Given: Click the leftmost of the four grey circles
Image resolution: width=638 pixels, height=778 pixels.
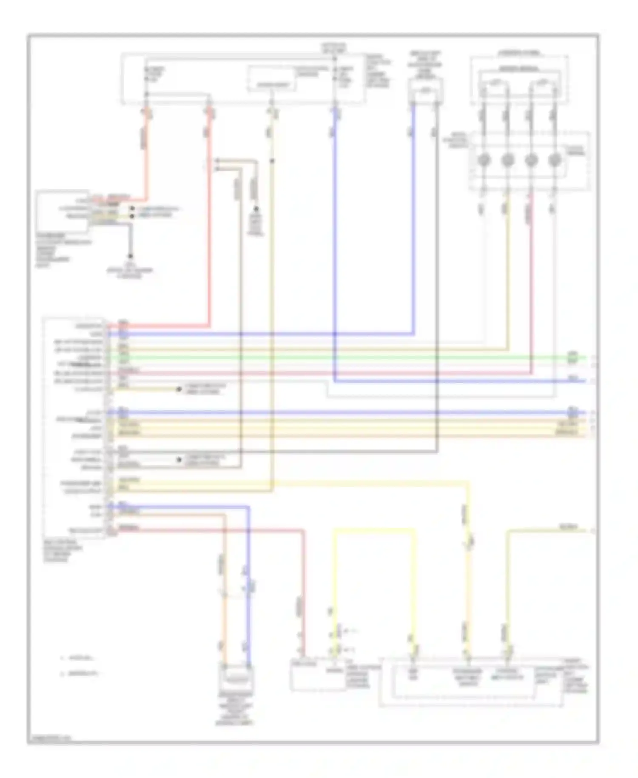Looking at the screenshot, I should [x=484, y=160].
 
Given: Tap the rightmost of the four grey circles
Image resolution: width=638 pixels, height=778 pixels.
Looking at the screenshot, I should [x=554, y=160].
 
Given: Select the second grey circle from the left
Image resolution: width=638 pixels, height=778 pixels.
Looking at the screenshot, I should [x=507, y=160].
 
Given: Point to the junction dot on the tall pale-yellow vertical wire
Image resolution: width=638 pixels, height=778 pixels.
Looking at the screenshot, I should [x=272, y=160].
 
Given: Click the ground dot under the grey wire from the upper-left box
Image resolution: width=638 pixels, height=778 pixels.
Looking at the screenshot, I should [x=131, y=256].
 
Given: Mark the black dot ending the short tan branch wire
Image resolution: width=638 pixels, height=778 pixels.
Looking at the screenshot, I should [x=256, y=209].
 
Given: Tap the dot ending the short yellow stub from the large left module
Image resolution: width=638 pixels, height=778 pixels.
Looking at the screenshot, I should [x=179, y=389].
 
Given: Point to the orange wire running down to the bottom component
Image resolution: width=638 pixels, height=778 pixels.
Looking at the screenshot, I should [x=224, y=596].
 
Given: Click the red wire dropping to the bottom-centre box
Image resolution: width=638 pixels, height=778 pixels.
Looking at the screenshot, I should [x=304, y=596].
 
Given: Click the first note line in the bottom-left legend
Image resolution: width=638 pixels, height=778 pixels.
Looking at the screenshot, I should [x=79, y=658].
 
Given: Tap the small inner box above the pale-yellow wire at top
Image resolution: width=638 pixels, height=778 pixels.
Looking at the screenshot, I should [x=273, y=84].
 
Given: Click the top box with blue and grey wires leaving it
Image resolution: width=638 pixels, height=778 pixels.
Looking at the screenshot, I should [x=425, y=91].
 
